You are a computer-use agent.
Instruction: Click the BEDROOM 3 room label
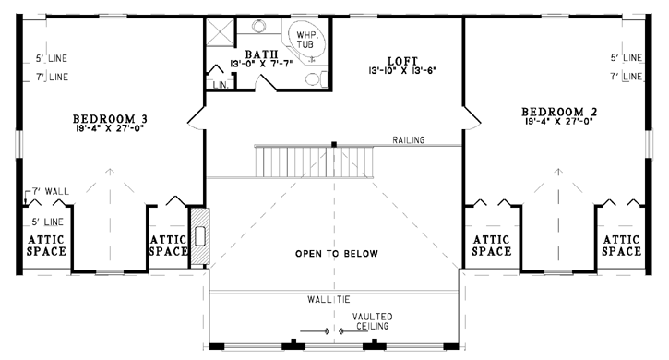(x=110, y=118)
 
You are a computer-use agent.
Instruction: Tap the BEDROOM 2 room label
(x=559, y=112)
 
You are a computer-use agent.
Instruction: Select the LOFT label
(x=402, y=61)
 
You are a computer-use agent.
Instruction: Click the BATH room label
(x=261, y=54)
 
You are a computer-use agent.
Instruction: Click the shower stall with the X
(x=221, y=32)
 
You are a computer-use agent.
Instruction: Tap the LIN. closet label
(x=221, y=85)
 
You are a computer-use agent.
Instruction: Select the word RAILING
(x=408, y=140)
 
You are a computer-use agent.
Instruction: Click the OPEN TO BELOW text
(x=337, y=254)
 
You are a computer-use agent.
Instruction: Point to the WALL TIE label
(x=329, y=299)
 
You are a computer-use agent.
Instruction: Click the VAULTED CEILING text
(x=373, y=321)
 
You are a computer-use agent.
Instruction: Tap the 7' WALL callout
(x=51, y=191)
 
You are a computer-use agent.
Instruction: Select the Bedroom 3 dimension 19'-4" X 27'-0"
(x=109, y=127)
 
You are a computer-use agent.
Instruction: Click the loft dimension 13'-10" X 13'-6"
(x=402, y=70)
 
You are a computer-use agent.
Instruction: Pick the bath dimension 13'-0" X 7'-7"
(x=261, y=64)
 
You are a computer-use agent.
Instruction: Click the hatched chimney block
(x=199, y=236)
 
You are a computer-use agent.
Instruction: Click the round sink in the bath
(x=258, y=27)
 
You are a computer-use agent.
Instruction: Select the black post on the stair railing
(x=334, y=144)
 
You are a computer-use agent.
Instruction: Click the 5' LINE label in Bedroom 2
(x=627, y=57)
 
